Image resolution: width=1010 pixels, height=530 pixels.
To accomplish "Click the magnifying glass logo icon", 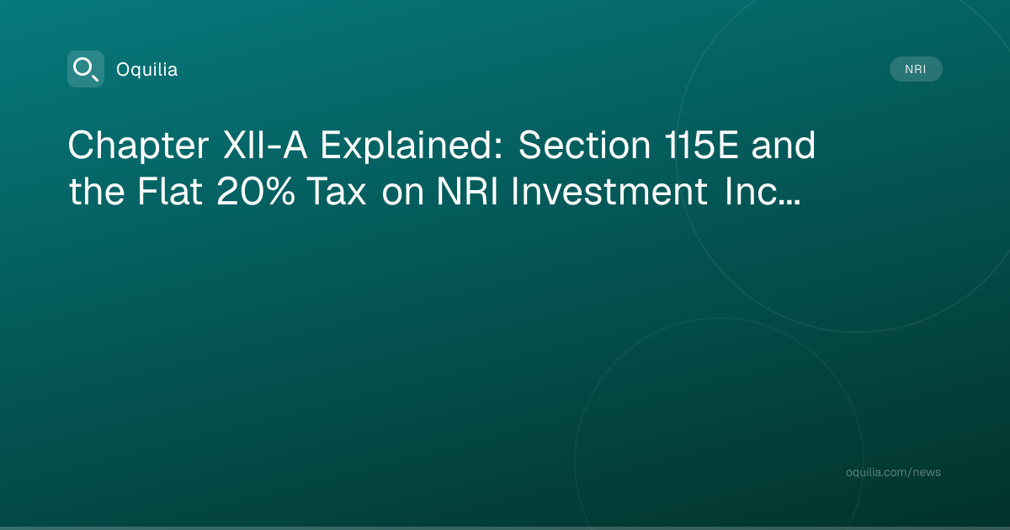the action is [86, 69].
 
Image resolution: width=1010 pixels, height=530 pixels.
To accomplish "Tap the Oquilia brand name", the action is [147, 70].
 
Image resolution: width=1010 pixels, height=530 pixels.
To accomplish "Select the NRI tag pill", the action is [916, 69].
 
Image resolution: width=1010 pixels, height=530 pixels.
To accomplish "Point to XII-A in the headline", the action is [266, 145].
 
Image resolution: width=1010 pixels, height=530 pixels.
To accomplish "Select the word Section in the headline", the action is [584, 145].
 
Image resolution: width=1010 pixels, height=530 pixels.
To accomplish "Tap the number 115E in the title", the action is [701, 145].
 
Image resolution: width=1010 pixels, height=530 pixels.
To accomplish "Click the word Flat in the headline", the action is [170, 191].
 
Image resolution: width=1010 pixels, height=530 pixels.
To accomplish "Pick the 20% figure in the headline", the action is [256, 192].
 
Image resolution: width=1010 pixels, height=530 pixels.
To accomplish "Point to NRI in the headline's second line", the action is [467, 192].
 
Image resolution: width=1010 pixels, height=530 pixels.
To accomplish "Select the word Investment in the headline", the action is [609, 191].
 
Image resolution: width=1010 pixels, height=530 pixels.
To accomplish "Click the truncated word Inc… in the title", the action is [763, 191].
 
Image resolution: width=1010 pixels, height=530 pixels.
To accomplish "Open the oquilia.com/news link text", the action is [893, 472].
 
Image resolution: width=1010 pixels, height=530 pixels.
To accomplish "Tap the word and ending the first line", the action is [784, 145].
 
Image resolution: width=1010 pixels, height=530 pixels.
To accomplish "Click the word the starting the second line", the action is [97, 191].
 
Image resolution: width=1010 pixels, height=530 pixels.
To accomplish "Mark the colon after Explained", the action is [497, 149].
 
